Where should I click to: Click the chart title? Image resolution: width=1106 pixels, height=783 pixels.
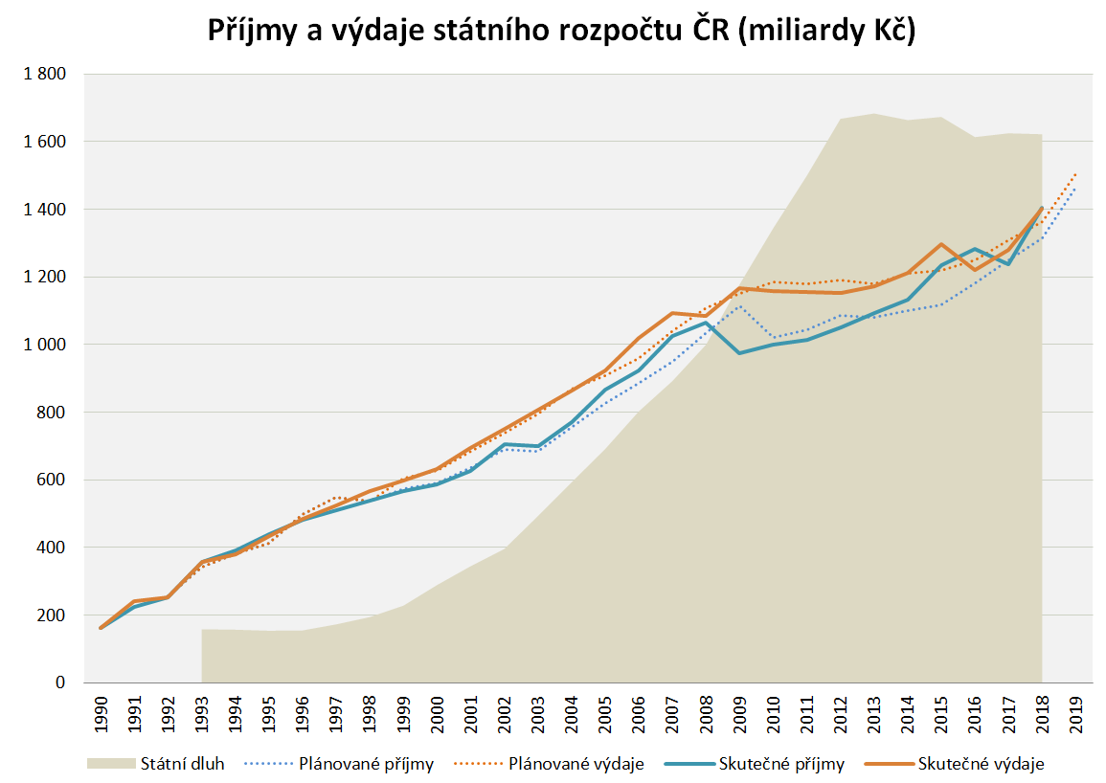(562, 33)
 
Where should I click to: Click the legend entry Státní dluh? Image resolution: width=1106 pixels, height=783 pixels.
(182, 764)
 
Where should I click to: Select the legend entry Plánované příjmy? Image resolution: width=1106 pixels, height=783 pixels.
(366, 764)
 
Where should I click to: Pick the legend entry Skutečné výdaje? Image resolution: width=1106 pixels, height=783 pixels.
(981, 764)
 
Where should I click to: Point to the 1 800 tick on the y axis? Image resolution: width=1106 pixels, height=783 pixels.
(45, 74)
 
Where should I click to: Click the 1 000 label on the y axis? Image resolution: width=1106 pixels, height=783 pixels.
(45, 345)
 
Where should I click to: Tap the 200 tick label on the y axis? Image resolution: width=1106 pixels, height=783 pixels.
(53, 615)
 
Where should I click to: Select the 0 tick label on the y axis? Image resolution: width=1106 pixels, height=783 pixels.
(59, 683)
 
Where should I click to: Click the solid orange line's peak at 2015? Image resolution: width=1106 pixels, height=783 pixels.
(941, 244)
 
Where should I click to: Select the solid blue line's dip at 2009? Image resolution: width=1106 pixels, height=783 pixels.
(739, 353)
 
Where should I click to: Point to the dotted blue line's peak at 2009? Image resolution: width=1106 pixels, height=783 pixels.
(739, 306)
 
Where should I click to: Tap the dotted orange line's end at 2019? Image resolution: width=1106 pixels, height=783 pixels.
(1075, 174)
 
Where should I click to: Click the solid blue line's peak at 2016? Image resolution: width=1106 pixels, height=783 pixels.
(975, 249)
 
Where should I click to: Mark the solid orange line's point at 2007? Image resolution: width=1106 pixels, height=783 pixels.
(672, 313)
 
